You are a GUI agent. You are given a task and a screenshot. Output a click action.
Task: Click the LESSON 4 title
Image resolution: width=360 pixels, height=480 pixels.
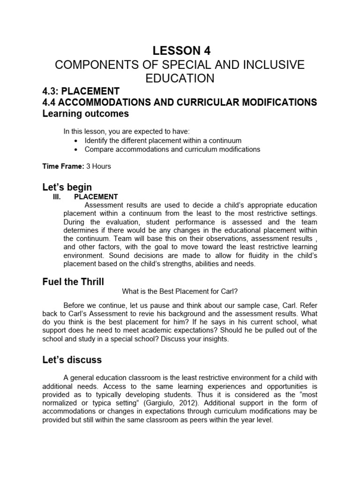click(180, 51)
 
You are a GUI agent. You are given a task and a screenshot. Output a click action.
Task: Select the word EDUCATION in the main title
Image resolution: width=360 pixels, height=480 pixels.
click(180, 78)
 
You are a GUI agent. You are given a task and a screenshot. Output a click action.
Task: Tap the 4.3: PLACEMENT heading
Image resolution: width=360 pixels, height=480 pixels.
click(81, 91)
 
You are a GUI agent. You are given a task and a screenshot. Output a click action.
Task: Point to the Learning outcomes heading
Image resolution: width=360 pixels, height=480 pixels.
click(85, 114)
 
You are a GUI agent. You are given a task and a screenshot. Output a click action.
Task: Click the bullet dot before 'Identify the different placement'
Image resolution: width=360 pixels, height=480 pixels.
click(76, 141)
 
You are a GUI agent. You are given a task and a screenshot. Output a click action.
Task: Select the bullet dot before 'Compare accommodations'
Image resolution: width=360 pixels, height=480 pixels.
click(76, 150)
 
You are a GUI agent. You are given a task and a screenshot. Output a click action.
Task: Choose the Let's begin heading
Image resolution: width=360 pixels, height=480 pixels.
click(67, 187)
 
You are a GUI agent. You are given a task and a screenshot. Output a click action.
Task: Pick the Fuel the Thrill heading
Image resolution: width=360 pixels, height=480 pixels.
click(73, 282)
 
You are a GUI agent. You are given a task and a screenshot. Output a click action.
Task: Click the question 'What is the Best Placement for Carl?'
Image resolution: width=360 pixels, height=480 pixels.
click(180, 292)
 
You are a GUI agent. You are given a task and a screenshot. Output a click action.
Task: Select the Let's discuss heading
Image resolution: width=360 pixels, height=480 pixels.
click(72, 360)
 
